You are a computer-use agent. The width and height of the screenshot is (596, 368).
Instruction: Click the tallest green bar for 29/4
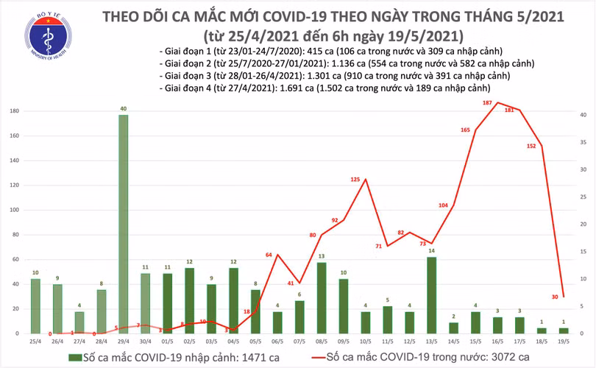point(123,224)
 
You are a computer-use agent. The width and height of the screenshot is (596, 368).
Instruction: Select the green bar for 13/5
point(431,294)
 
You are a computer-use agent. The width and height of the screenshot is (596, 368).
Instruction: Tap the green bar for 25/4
point(35,305)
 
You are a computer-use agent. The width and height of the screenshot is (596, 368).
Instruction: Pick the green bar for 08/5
point(322,297)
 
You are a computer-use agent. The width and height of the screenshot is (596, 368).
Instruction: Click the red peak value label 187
point(487,103)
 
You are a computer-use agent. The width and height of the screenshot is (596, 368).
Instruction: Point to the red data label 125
point(355,180)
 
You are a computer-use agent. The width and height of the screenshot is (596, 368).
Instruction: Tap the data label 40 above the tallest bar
point(123,109)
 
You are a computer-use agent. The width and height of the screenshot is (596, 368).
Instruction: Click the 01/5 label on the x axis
point(167,342)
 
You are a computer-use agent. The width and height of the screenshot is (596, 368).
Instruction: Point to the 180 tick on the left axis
point(15,110)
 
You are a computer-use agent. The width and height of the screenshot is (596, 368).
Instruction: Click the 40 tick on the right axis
point(582,115)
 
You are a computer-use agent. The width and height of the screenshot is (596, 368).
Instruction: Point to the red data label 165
point(465,130)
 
